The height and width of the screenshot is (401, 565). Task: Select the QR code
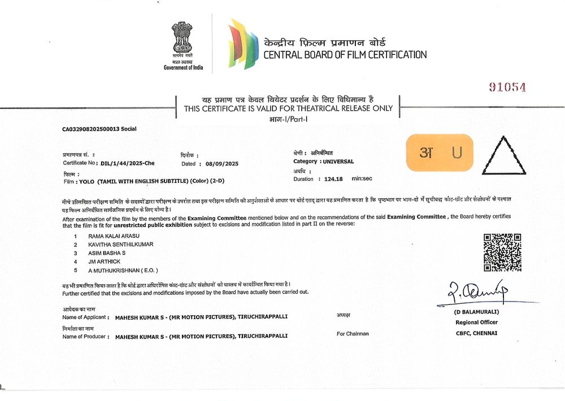coord(502,252)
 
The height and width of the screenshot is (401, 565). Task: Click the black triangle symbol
coord(507,153)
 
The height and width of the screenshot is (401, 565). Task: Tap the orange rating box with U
coord(440,152)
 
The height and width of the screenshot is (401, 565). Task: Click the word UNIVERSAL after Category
coord(338,162)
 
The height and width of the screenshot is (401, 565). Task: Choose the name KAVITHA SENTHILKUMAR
coord(120,245)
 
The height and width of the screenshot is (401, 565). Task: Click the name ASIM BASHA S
coord(107,254)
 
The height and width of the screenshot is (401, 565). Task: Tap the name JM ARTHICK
coord(104,262)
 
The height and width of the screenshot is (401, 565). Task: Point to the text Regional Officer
coord(476,322)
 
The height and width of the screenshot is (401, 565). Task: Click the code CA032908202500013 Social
coord(99,129)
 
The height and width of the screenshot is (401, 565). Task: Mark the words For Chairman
coord(353,334)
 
